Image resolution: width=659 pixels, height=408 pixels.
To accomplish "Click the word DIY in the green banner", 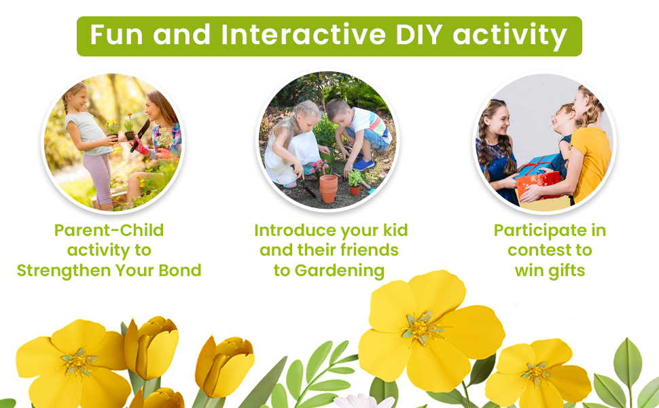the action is click(x=418, y=35).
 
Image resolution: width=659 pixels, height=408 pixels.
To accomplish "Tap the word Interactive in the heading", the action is click(x=303, y=35).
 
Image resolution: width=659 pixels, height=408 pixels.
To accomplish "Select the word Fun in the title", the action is click(x=116, y=35).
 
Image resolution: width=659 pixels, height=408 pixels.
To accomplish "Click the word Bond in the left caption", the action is click(x=180, y=270).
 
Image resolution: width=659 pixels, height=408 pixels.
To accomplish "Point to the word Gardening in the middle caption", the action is click(x=339, y=271).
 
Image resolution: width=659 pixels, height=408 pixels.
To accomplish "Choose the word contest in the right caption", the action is click(x=536, y=250).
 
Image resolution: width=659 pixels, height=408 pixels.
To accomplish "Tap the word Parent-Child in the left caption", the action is click(x=109, y=230).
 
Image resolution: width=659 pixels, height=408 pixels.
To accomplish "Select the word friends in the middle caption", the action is click(x=369, y=250).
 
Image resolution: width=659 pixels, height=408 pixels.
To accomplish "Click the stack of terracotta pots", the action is click(x=328, y=188).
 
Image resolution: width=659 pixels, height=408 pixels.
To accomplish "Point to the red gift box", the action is click(x=538, y=184).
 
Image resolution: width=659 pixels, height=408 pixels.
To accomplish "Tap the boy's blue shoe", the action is click(x=363, y=165).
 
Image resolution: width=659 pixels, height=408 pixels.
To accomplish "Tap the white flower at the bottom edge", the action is click(x=365, y=401).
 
